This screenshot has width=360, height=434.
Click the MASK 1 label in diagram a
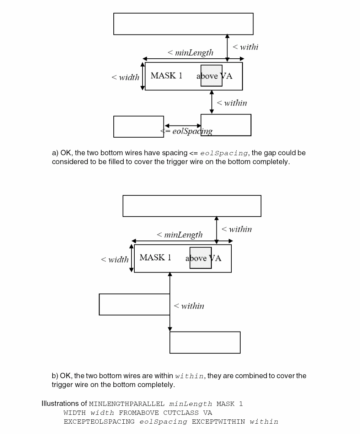pyautogui.click(x=166, y=75)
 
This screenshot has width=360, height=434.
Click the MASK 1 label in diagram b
pyautogui.click(x=155, y=258)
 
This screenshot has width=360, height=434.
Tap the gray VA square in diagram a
pyautogui.click(x=211, y=75)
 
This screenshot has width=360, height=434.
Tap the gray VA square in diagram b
pyautogui.click(x=200, y=258)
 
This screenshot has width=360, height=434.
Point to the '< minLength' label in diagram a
pyautogui.click(x=190, y=53)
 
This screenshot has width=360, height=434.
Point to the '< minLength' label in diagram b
pyautogui.click(x=179, y=235)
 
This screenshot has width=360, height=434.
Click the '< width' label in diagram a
pyautogui.click(x=125, y=77)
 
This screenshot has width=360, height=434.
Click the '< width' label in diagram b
pyautogui.click(x=114, y=259)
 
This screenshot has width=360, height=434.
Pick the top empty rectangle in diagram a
pyautogui.click(x=183, y=24)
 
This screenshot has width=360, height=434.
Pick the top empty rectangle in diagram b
pyautogui.click(x=192, y=206)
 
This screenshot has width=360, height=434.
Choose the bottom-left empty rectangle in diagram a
pyautogui.click(x=139, y=127)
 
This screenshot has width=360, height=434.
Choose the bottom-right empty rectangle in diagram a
pyautogui.click(x=226, y=125)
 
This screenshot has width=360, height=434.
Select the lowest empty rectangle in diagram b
pyautogui.click(x=205, y=343)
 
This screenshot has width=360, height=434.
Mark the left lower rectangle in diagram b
pyautogui.click(x=134, y=305)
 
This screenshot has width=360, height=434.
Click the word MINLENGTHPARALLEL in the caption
pyautogui.click(x=127, y=404)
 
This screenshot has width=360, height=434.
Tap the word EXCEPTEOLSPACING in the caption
pyautogui.click(x=99, y=422)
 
